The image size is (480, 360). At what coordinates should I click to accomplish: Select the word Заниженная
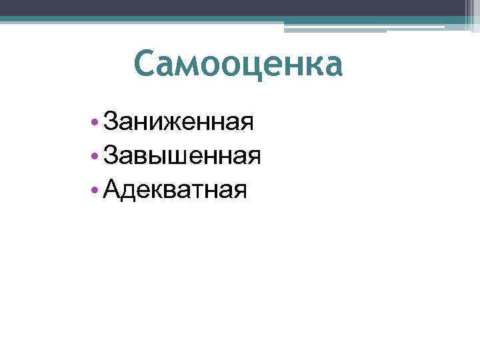coord(179,122)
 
